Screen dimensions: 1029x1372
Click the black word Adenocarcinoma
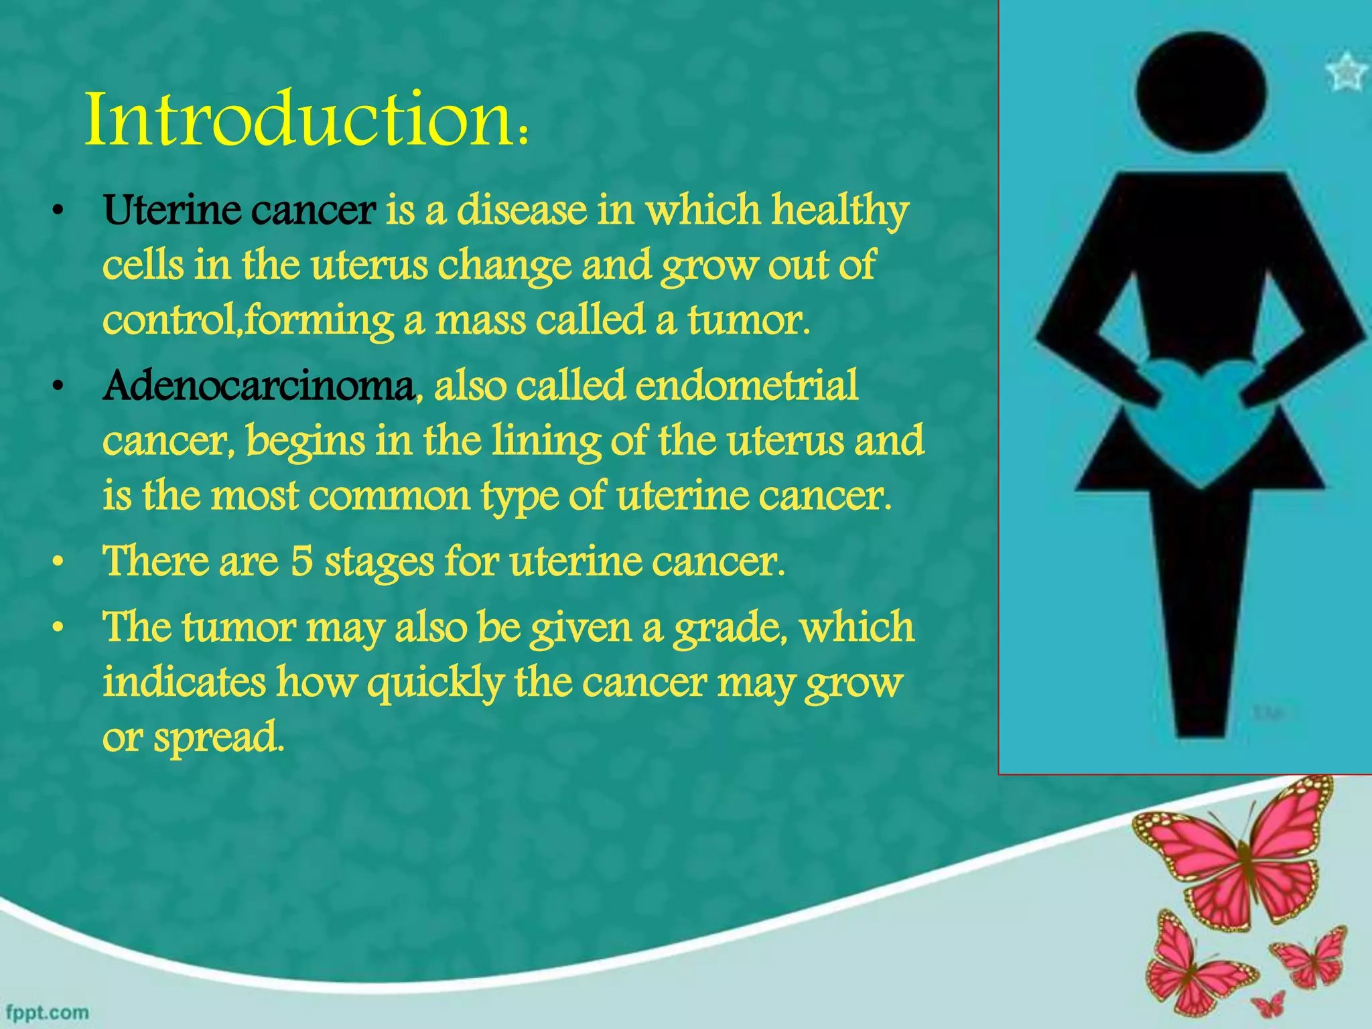point(259,387)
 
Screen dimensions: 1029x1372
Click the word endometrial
point(746,387)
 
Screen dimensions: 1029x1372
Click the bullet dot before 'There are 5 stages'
point(59,563)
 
